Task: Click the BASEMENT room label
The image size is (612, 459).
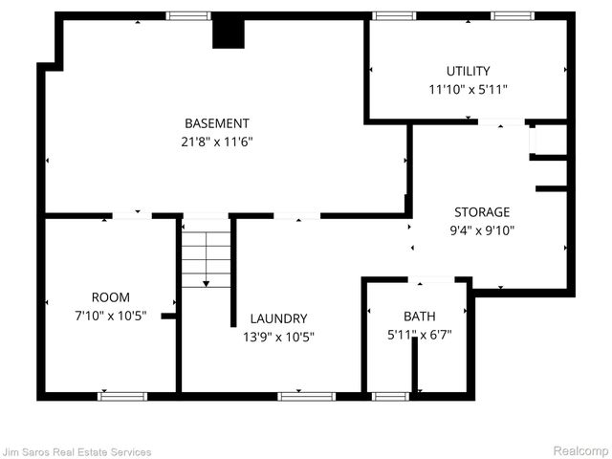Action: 217,123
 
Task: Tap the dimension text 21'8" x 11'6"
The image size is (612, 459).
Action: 217,142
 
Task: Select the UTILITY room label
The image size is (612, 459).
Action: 468,71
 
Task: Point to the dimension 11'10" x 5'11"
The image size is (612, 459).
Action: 468,89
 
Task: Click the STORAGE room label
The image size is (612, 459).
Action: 482,212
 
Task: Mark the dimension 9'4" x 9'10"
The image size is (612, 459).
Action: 482,229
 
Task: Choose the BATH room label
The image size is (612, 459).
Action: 419,316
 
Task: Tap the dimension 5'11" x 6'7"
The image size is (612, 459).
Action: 419,334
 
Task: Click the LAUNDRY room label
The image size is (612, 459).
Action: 278,318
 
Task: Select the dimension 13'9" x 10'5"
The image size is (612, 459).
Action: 278,337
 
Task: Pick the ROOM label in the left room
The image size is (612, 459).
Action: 110,297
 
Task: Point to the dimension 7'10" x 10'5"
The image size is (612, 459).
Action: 110,316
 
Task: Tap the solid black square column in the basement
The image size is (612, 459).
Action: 228,33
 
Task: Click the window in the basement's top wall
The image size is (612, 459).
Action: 188,16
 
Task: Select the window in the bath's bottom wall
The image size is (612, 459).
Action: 390,396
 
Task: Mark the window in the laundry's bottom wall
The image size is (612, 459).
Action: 299,396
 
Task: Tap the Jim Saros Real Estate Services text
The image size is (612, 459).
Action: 76,451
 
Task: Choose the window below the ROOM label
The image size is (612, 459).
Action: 123,396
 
